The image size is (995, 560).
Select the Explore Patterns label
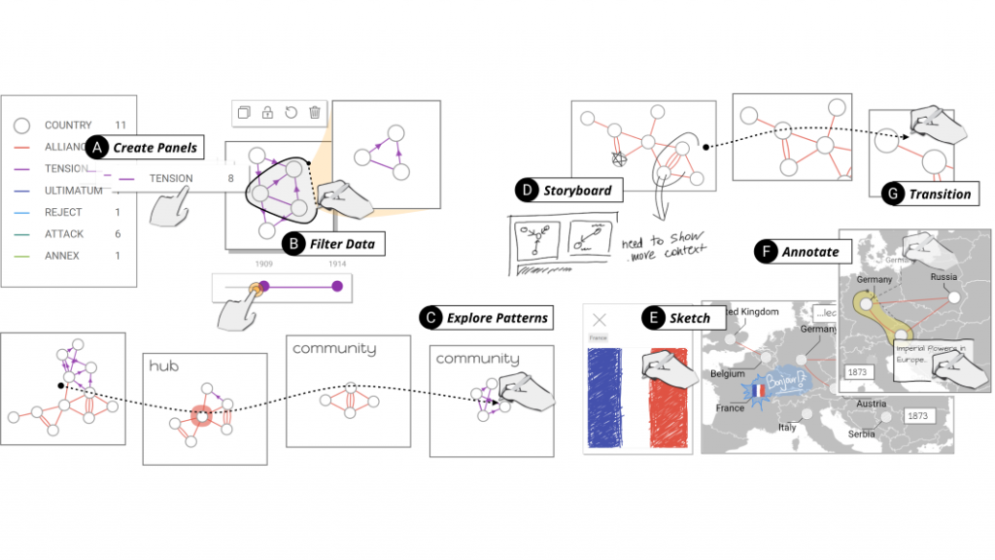497,317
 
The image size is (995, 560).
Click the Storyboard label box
578,190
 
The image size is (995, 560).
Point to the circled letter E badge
652,317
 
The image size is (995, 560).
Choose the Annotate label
810,252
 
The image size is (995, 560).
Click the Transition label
939,193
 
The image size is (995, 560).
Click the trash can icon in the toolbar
314,113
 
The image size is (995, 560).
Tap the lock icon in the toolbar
267,113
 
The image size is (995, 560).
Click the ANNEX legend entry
62,256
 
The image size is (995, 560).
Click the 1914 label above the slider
336,264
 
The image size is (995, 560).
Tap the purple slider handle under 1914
337,286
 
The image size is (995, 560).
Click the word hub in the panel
163,366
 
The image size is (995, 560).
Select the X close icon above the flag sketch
600,319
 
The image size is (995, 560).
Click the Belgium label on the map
727,373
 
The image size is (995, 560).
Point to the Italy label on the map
786,427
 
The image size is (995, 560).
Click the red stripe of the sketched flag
668,401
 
